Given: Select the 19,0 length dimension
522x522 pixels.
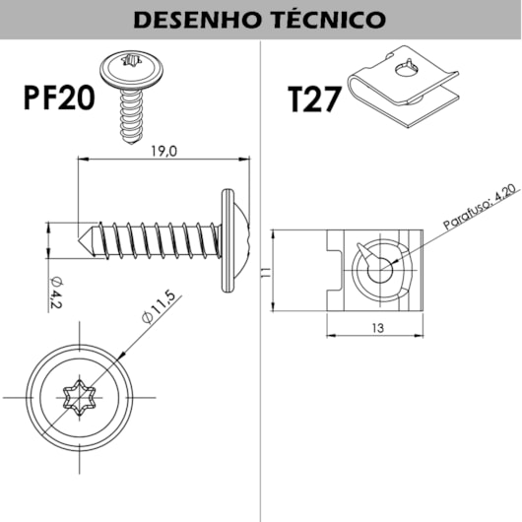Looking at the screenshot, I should (163, 152).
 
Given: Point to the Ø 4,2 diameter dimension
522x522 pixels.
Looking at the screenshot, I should (56, 293).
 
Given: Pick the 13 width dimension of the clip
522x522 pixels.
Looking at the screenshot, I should (378, 328).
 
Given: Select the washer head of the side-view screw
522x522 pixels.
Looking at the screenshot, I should (229, 237).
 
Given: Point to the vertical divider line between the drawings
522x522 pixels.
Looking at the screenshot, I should (261, 394).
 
